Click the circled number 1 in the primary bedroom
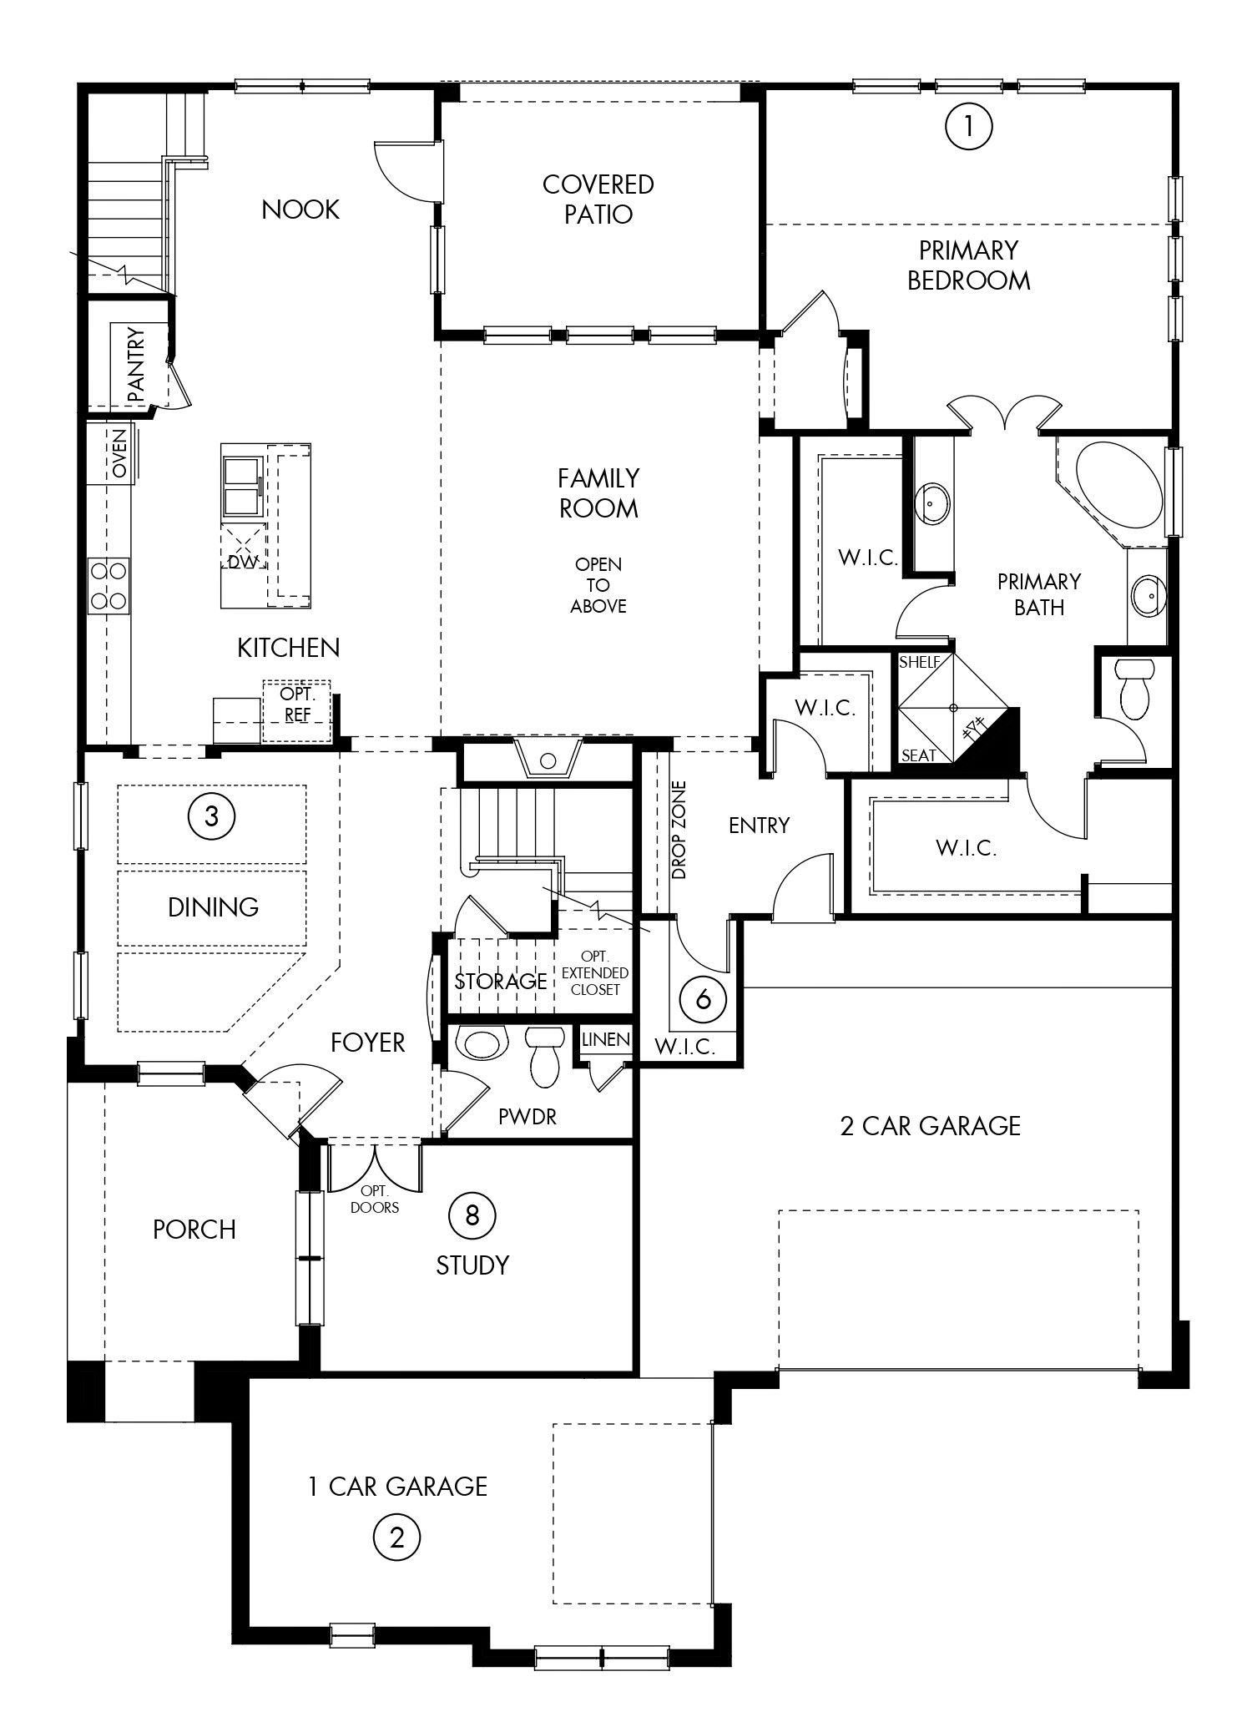coord(968,126)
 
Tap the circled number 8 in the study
coord(472,1215)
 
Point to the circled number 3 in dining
coord(211,816)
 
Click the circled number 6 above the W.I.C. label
coord(703,998)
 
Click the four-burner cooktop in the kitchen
coord(109,586)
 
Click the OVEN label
coord(120,454)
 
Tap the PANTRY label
coord(136,366)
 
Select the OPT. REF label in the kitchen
coord(297,704)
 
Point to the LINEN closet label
coord(606,1040)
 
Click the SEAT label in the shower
coord(918,755)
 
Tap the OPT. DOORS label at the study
coord(374,1199)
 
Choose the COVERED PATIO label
coord(598,199)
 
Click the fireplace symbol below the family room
coord(548,758)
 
